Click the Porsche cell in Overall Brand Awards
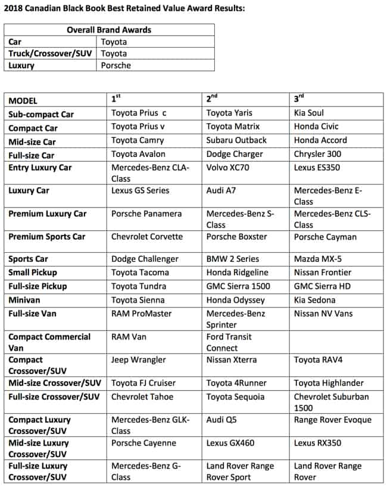coord(116,65)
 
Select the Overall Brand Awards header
coord(109,30)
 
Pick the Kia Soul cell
coord(309,113)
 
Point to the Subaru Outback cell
coord(236,140)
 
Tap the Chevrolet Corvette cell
coord(147,237)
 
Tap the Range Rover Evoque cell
coord(332,420)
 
